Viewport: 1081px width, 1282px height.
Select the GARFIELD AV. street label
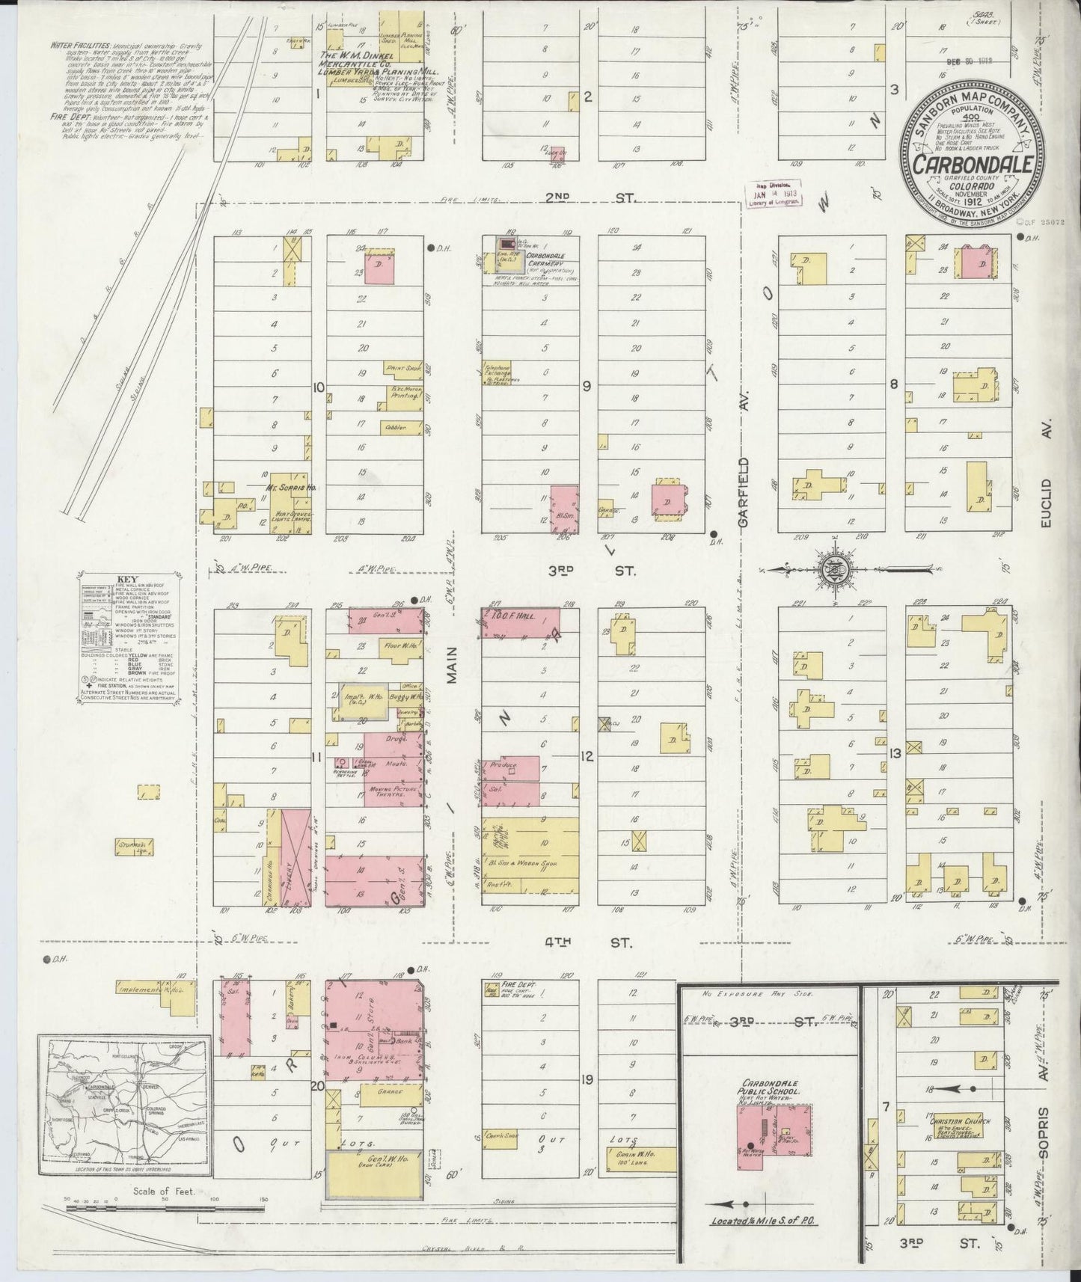pos(744,496)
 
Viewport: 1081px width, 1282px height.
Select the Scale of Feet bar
pos(165,1207)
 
